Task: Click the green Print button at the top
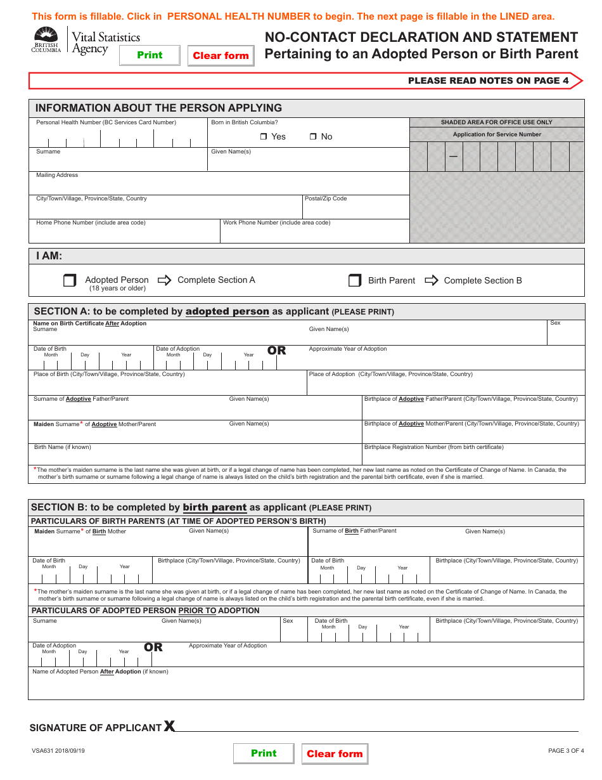pyautogui.click(x=150, y=55)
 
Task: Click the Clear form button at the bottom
pyautogui.click(x=335, y=753)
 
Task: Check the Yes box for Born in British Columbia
pyautogui.click(x=264, y=137)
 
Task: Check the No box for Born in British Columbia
pyautogui.click(x=313, y=137)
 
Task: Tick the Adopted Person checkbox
pyautogui.click(x=70, y=280)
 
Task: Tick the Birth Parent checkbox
pyautogui.click(x=355, y=280)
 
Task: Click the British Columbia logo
pyautogui.click(x=46, y=41)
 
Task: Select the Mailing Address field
pyautogui.click(x=219, y=186)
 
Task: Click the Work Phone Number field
pyautogui.click(x=314, y=233)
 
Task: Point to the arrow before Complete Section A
pyautogui.click(x=164, y=280)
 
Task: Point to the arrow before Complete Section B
pyautogui.click(x=432, y=280)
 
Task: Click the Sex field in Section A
pyautogui.click(x=565, y=335)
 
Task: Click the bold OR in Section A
pyautogui.click(x=277, y=350)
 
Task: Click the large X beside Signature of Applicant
pyautogui.click(x=169, y=726)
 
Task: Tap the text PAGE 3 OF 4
pyautogui.click(x=566, y=751)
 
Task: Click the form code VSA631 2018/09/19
pyautogui.click(x=58, y=751)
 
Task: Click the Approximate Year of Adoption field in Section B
pyautogui.click(x=380, y=657)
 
